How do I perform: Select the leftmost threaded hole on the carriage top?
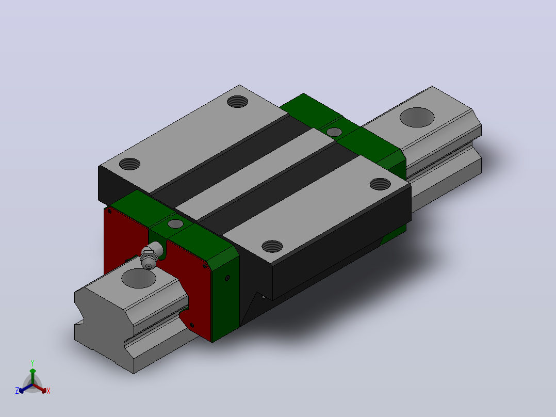pyautogui.click(x=129, y=164)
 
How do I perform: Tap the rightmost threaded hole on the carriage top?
pyautogui.click(x=380, y=184)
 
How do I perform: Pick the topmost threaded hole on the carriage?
pyautogui.click(x=238, y=102)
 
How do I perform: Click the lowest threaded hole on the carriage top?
pyautogui.click(x=272, y=246)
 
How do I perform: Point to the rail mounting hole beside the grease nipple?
pyautogui.click(x=139, y=278)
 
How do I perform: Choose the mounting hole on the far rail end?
pyautogui.click(x=417, y=117)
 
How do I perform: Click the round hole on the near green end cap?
pyautogui.click(x=175, y=224)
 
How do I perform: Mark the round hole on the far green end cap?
pyautogui.click(x=334, y=132)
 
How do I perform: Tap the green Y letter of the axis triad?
pyautogui.click(x=32, y=363)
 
